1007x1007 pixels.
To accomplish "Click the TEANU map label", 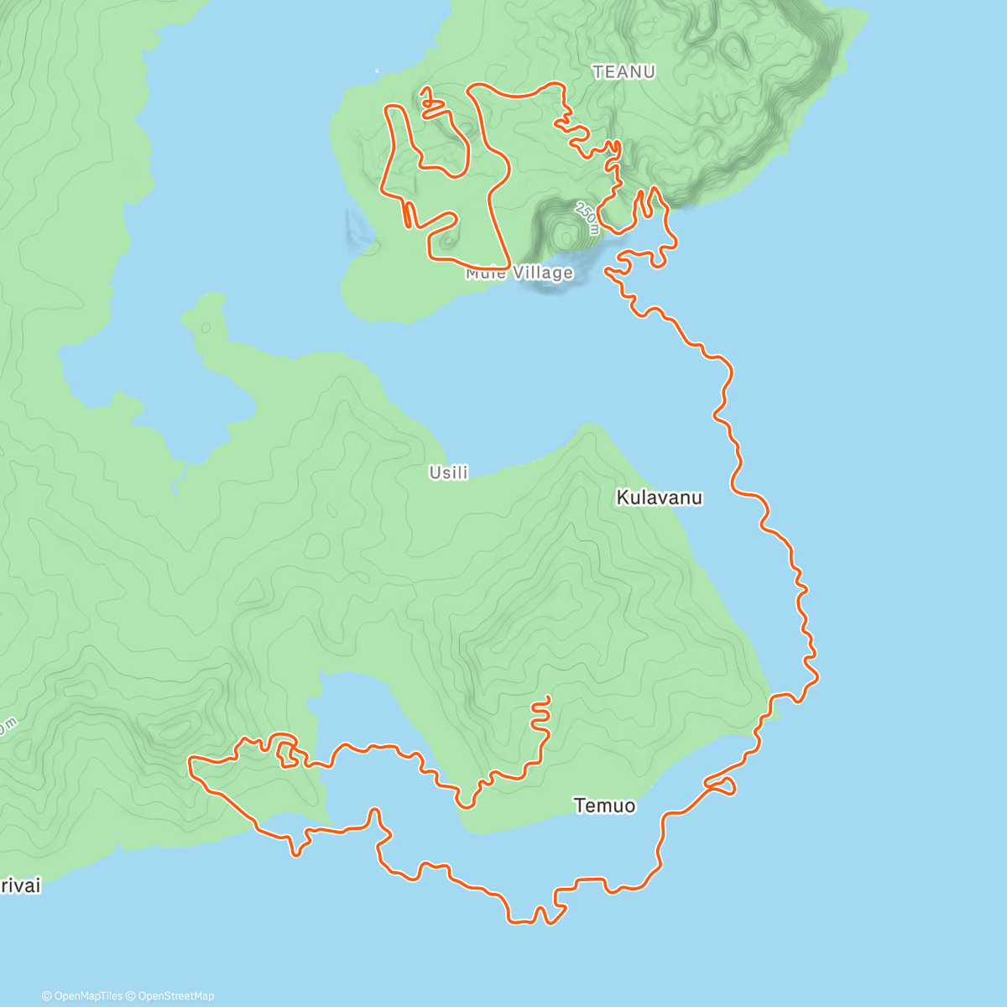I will click(x=624, y=72).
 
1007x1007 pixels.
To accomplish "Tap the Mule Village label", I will click(x=519, y=273).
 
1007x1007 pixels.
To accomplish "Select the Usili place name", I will click(x=448, y=472).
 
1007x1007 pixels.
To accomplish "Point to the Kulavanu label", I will click(x=659, y=498).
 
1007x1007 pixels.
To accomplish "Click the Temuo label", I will click(x=604, y=806).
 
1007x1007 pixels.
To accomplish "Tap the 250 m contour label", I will click(x=587, y=217).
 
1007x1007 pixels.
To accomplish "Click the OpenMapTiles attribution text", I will click(x=82, y=996).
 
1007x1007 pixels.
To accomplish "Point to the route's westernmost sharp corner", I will click(x=190, y=760).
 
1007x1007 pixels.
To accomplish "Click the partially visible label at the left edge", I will click(x=18, y=886).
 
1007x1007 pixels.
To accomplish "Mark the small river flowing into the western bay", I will click(x=176, y=483).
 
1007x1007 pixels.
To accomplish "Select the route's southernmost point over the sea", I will click(x=520, y=922).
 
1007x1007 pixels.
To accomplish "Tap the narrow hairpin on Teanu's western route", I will click(x=407, y=214).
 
